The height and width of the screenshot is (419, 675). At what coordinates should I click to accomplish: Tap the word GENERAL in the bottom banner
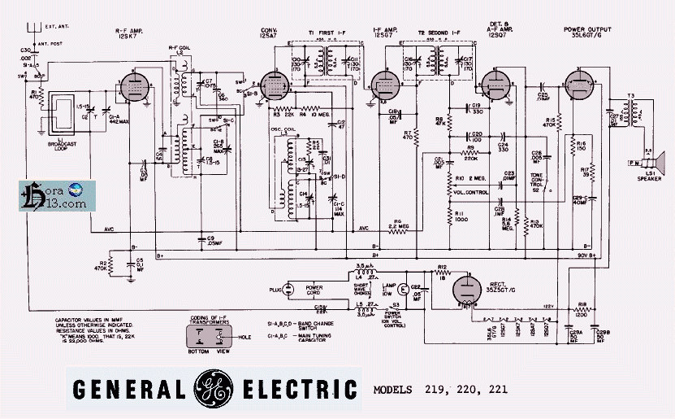[129, 388]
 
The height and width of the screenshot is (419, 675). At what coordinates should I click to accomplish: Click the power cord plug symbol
[283, 290]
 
